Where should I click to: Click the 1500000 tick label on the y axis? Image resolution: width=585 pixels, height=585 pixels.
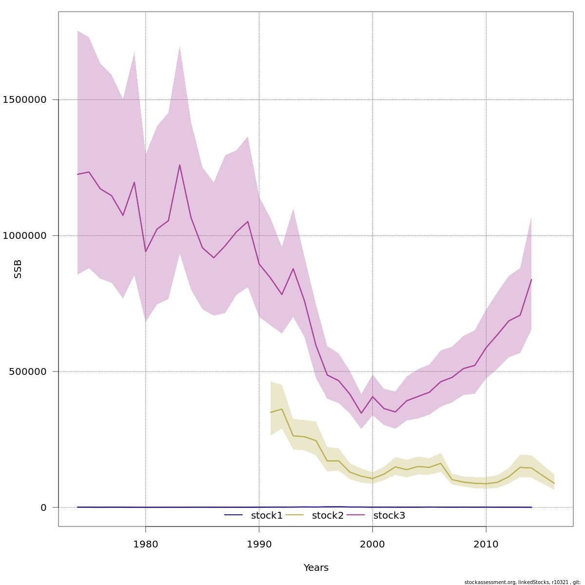pos(24,100)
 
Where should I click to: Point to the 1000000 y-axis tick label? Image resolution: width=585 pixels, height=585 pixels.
pos(24,235)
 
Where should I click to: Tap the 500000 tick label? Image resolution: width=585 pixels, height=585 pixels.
pos(28,371)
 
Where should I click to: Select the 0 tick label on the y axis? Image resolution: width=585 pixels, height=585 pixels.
pos(44,507)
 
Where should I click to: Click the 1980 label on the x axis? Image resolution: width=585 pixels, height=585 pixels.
pos(145,545)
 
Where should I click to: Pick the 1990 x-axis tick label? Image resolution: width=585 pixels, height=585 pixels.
pos(259,545)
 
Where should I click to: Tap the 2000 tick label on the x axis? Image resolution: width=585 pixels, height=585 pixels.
pos(372,545)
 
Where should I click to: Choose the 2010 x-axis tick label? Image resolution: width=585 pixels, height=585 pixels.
pos(486,545)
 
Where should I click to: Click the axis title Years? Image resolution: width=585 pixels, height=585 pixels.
pos(316,568)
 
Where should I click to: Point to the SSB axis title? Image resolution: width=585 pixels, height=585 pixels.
pos(18,269)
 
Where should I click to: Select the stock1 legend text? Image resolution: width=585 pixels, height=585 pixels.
pos(267,515)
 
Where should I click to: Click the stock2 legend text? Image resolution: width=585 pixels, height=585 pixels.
pos(328,515)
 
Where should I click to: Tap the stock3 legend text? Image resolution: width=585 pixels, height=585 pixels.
pos(389,515)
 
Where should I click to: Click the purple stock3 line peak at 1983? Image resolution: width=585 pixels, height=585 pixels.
pos(180,165)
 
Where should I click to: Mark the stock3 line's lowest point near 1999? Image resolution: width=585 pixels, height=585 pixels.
pos(361,413)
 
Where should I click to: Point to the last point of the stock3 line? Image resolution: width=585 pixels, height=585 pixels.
pos(531,279)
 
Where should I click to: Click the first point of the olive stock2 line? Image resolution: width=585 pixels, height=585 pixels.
pos(271,412)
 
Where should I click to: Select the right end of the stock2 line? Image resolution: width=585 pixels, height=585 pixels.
pos(554,483)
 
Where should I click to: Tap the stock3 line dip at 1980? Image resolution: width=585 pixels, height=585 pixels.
pos(146,252)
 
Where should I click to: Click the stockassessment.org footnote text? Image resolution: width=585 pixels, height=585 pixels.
pos(522,582)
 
